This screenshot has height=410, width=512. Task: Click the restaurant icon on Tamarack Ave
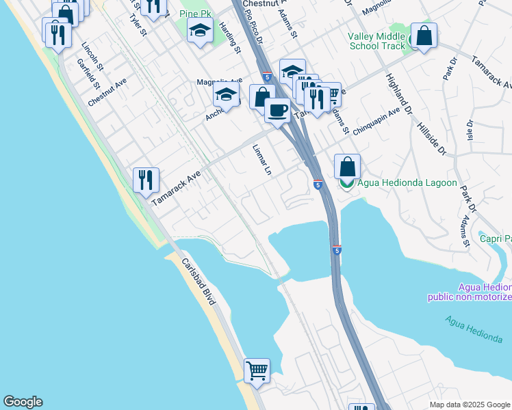[x=146, y=181]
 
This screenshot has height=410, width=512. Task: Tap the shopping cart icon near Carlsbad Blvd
[x=257, y=371]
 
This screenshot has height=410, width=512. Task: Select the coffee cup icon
[x=277, y=109]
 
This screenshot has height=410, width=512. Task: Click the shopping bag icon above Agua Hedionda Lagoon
[x=347, y=166]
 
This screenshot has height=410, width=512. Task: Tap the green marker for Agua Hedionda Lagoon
[x=347, y=183]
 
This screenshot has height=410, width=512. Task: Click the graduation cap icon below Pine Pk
[x=200, y=31]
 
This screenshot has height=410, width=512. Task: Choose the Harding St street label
[x=231, y=39]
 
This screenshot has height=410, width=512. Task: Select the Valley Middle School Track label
[x=377, y=41]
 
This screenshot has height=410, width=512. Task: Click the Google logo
[x=23, y=402]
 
